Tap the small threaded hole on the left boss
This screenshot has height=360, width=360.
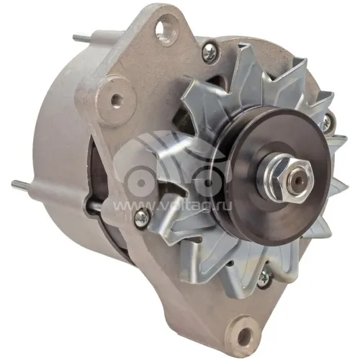(116, 99)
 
